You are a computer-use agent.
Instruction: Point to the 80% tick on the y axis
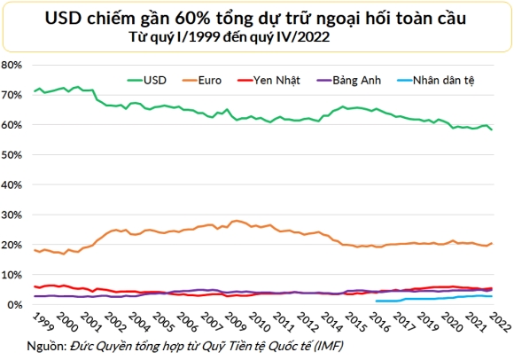(x=13, y=66)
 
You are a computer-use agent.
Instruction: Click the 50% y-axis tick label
(x=13, y=155)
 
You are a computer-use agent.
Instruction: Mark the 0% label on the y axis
(x=16, y=305)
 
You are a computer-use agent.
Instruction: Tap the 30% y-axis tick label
(x=13, y=215)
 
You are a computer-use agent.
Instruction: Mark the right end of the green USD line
(x=493, y=129)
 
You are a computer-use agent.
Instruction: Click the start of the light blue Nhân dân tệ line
(x=376, y=301)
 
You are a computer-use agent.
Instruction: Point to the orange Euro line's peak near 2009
(x=236, y=221)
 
